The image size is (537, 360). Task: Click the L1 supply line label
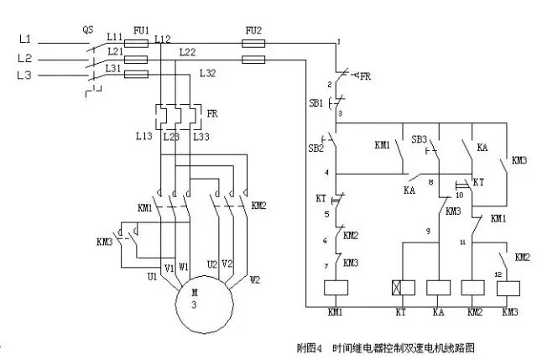tap(24, 39)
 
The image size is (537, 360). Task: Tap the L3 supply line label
tap(24, 76)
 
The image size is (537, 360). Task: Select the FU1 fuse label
tap(139, 30)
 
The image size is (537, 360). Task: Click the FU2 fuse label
tap(253, 30)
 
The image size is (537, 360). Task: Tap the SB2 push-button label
tap(315, 148)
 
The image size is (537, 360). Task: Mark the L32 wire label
tap(207, 75)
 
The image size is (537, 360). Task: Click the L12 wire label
tap(162, 39)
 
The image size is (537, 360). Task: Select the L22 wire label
tap(188, 53)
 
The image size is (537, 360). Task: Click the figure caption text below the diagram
tap(391, 346)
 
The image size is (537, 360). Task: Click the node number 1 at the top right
tap(338, 41)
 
